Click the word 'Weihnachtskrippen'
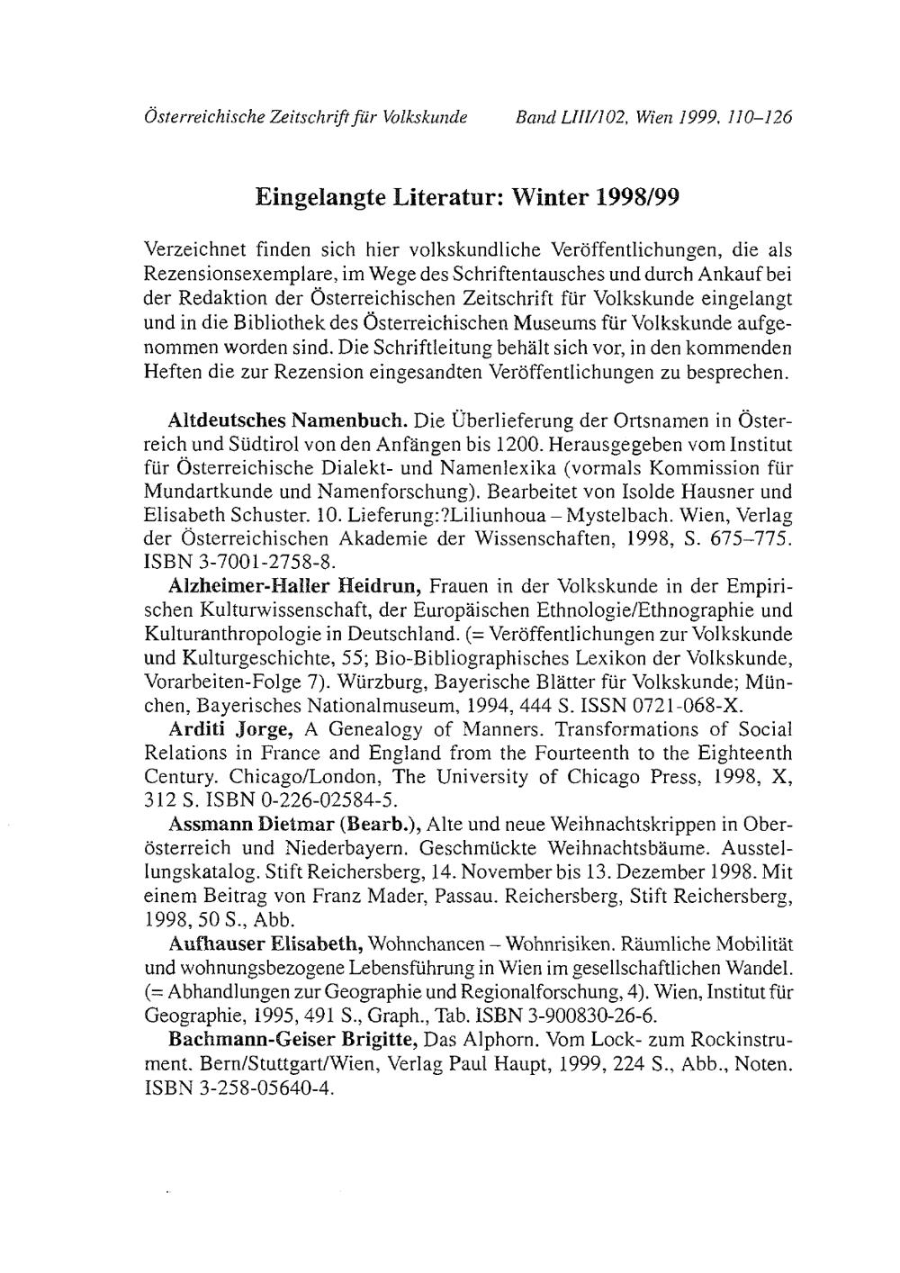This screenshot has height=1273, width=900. [625, 823]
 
